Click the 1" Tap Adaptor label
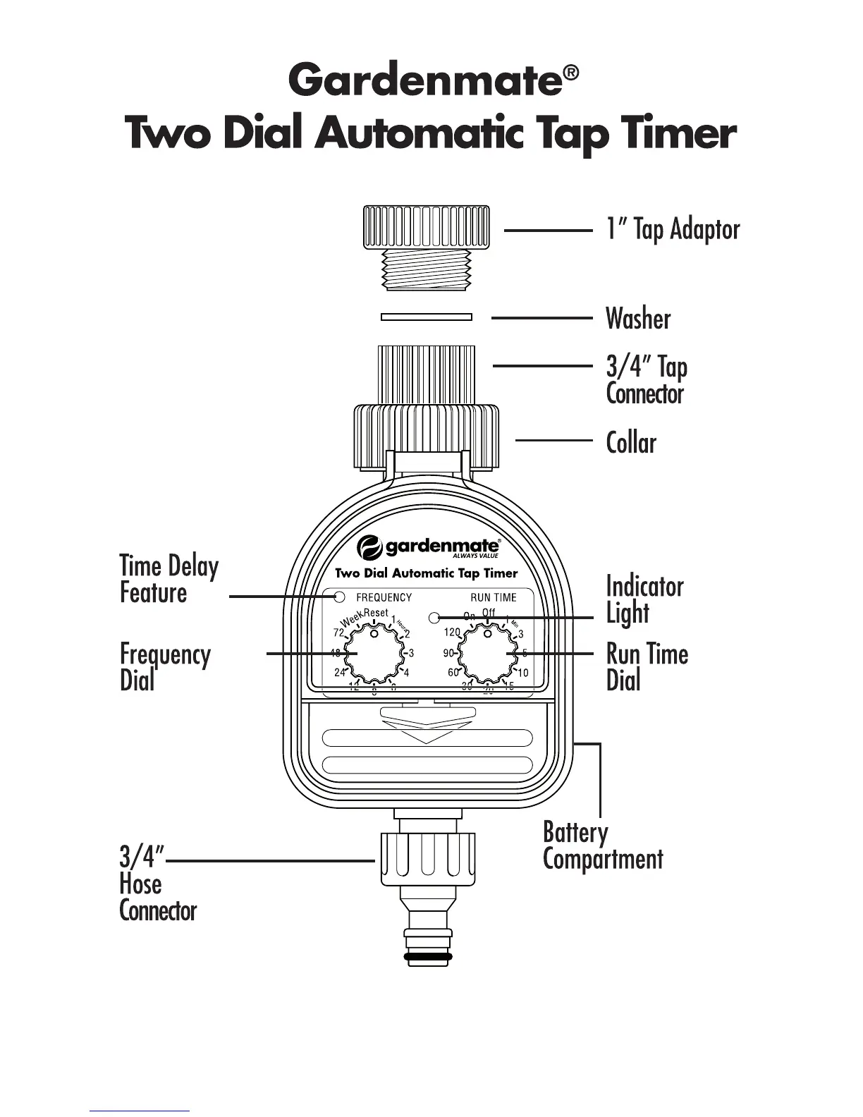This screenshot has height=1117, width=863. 673,229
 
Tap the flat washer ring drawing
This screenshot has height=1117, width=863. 426,317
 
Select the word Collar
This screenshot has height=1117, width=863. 631,443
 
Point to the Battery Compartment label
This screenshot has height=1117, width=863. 603,846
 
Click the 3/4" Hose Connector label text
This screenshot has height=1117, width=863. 157,884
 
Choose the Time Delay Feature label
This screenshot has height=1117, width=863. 169,579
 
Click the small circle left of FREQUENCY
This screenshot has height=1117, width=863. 339,597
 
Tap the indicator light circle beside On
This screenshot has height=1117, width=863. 434,618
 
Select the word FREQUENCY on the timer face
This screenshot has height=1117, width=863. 384,598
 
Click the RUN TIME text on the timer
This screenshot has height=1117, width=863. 494,598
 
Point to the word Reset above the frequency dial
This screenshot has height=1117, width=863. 376,614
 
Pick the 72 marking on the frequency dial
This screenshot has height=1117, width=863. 338,632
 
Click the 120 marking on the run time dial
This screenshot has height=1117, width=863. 451,633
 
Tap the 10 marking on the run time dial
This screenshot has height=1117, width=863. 522,673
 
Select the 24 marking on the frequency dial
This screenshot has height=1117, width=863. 340,673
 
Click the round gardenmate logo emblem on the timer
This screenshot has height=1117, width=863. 369,547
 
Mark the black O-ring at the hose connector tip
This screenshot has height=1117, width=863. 429,957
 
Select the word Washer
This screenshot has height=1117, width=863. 638,319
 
